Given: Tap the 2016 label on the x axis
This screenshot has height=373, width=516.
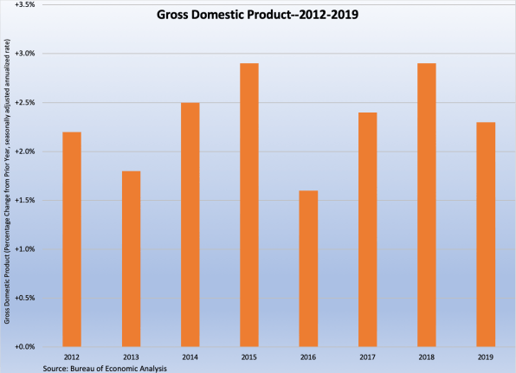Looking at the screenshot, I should tap(308, 356).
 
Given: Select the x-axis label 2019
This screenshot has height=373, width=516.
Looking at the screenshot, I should tap(486, 356).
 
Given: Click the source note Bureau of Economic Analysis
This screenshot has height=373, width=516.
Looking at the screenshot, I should tap(105, 367).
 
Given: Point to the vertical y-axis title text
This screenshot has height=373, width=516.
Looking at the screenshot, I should tap(7, 182).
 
